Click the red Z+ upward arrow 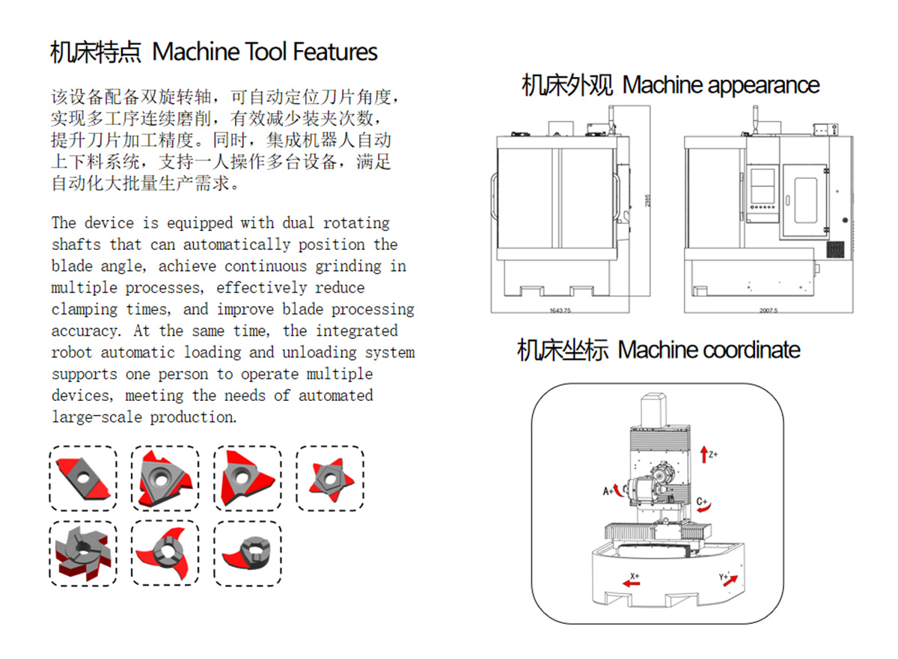[703, 452]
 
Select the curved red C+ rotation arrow [705, 507]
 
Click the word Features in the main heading [335, 52]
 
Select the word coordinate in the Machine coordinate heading [752, 350]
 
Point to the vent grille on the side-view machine [834, 249]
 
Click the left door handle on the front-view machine [494, 197]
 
